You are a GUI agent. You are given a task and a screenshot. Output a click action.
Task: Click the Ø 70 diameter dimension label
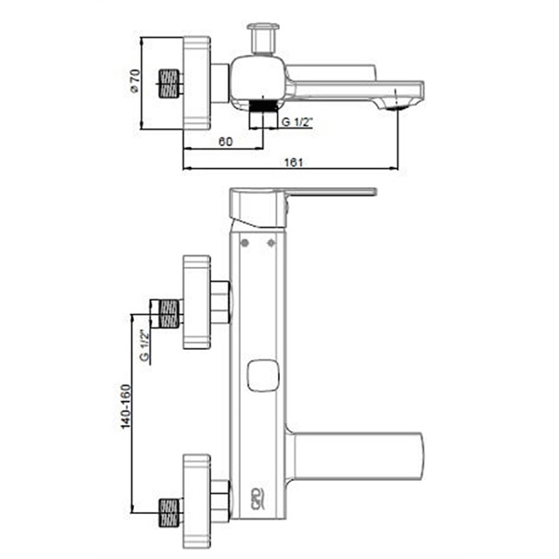(135, 82)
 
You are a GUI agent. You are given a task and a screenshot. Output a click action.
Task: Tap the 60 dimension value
(225, 141)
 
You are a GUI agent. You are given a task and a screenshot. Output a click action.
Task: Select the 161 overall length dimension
(293, 162)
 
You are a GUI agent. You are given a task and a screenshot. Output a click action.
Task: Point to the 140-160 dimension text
(126, 407)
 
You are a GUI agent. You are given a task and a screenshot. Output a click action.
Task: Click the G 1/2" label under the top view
(297, 122)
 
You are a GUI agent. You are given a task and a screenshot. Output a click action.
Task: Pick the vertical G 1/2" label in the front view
(144, 345)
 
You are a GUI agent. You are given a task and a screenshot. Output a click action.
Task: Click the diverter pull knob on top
(263, 39)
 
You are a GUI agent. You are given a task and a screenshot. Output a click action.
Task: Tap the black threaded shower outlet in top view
(263, 106)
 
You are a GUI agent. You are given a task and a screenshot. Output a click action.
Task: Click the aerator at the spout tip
(397, 106)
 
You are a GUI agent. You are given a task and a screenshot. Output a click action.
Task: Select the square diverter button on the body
(263, 375)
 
